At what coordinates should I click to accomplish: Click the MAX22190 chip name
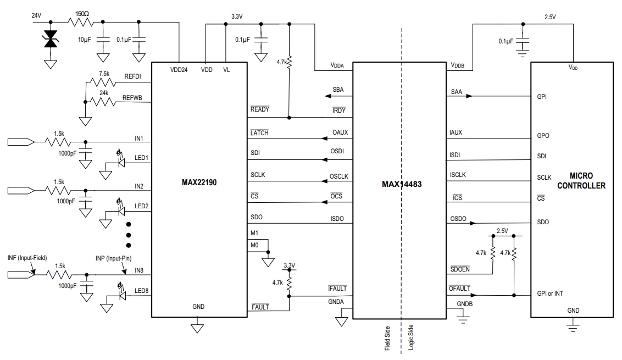(199, 182)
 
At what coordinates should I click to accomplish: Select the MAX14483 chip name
(402, 184)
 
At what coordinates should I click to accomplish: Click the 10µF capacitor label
(85, 40)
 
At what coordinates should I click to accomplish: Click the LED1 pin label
(141, 158)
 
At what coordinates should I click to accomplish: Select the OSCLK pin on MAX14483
(338, 176)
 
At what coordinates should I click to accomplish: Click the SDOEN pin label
(460, 269)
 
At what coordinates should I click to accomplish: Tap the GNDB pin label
(465, 303)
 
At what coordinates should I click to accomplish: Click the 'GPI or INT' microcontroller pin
(550, 293)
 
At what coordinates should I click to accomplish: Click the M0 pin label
(254, 245)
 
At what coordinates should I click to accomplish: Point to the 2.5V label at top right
(549, 16)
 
